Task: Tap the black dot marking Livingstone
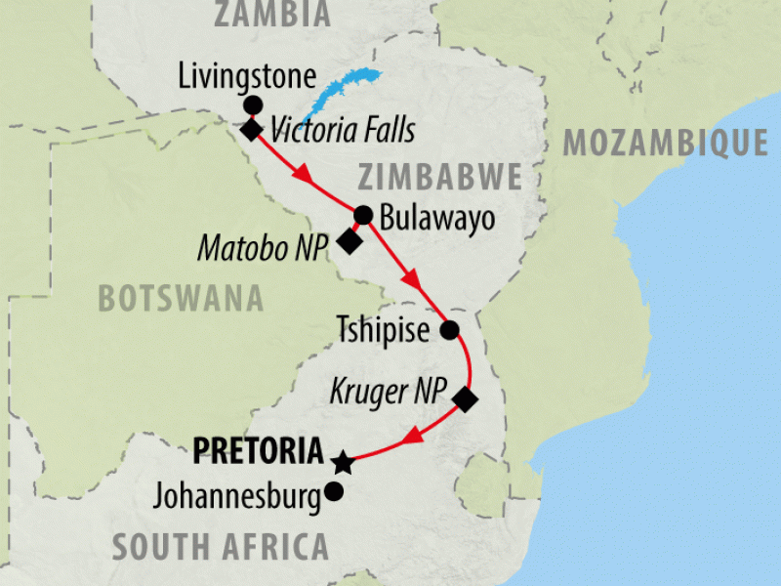click(x=253, y=105)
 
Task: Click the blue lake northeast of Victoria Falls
click(x=337, y=96)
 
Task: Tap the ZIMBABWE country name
click(x=439, y=178)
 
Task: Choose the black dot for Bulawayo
click(x=363, y=215)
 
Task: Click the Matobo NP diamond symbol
click(x=349, y=241)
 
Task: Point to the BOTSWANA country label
click(x=181, y=298)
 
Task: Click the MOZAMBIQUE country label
click(x=665, y=143)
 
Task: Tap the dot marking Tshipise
click(x=449, y=330)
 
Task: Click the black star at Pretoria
click(x=341, y=460)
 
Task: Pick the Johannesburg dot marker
click(x=334, y=492)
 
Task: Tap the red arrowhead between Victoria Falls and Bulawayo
click(x=304, y=177)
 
